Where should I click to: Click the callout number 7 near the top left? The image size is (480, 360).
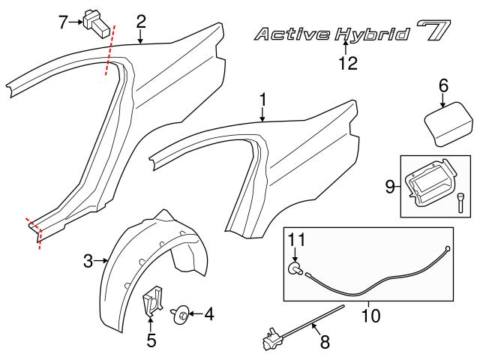63,22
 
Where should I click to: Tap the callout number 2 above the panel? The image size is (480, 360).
140,22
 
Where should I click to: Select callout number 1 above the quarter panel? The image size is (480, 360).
262,98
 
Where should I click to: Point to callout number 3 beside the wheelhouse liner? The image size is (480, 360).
88,261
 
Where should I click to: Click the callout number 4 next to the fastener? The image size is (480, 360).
209,315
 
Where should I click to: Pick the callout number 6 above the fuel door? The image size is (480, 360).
443,86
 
